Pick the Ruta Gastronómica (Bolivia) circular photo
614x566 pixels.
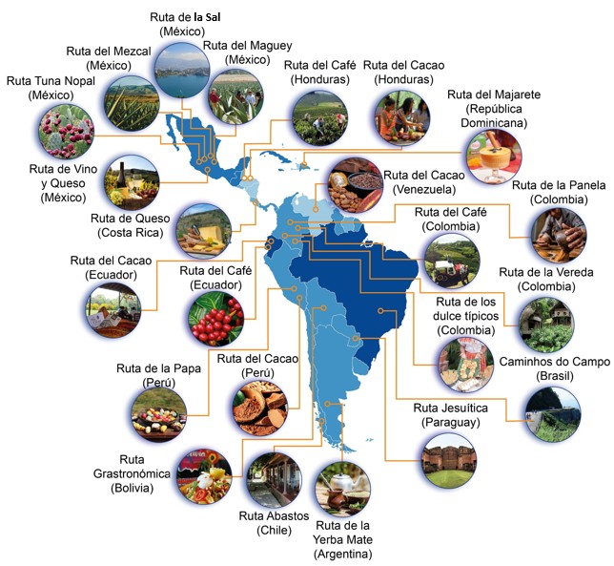(x=202, y=475)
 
